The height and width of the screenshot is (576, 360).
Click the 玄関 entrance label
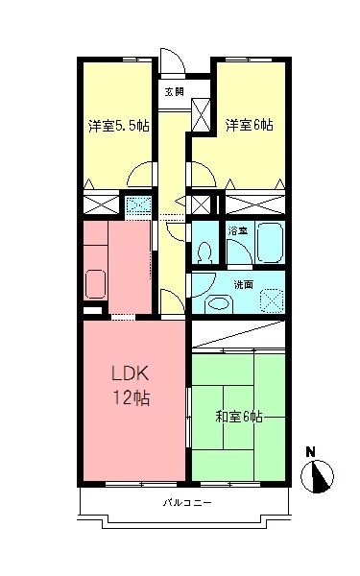[174, 92]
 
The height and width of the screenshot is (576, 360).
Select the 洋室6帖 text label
[250, 125]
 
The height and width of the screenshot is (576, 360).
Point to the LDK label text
[132, 372]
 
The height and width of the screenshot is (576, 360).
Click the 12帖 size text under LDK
[132, 396]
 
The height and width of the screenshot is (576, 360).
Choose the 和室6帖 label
[238, 417]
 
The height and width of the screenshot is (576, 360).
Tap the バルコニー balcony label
[181, 503]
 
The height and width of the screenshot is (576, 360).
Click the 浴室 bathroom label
[234, 231]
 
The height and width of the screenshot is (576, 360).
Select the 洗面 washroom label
[243, 284]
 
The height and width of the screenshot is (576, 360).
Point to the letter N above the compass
[310, 450]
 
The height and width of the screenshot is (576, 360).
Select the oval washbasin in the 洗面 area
[219, 301]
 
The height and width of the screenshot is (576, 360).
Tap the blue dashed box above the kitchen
[136, 204]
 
